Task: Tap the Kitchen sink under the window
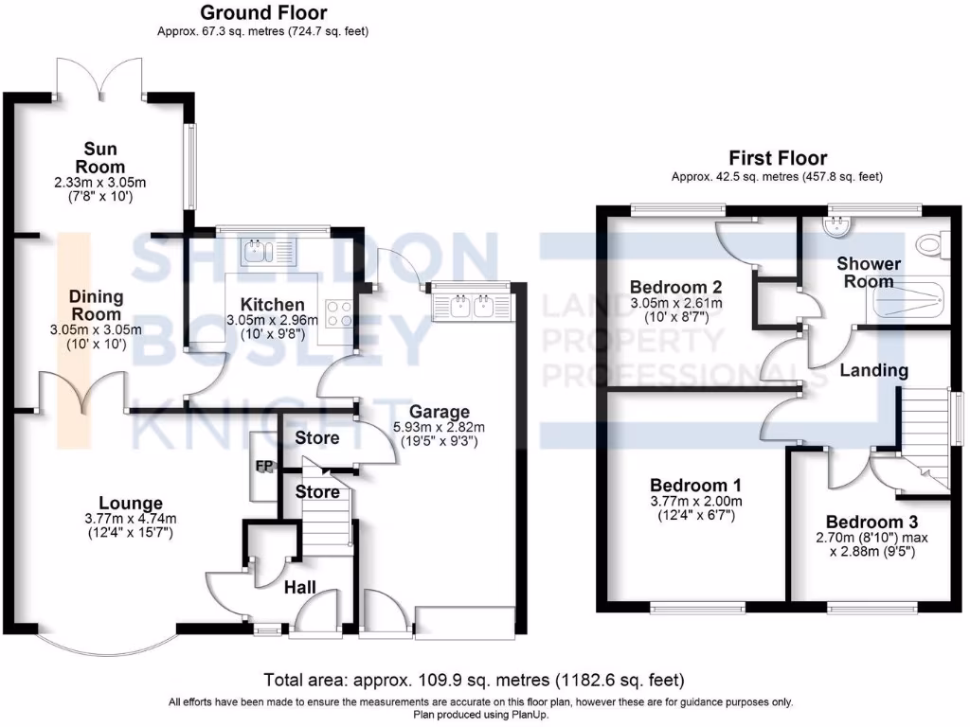pyautogui.click(x=269, y=252)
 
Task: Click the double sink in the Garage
pyautogui.click(x=470, y=305)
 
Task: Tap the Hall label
pyautogui.click(x=300, y=588)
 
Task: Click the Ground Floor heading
pyautogui.click(x=263, y=13)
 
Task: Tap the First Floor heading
pyautogui.click(x=778, y=158)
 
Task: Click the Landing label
pyautogui.click(x=873, y=370)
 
